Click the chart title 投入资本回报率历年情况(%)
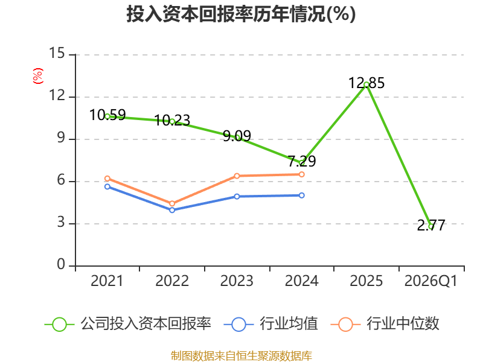coord(241,14)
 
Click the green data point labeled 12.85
coord(366,84)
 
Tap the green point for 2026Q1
coord(431,227)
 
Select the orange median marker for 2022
coord(172,203)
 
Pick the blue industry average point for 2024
coord(301,195)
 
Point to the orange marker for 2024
coord(301,174)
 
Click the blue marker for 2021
coord(107,186)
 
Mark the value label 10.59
coord(107,115)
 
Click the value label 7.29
coord(302,161)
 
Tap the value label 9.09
coord(237,136)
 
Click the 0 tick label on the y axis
coord(61,264)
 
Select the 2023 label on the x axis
coord(237,281)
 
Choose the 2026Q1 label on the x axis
coord(431,281)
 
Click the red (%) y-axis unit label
coord(38,76)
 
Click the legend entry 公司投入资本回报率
coord(128,324)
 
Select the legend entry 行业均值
coord(270,324)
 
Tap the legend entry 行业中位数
coord(385,324)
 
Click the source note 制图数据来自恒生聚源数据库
coord(241,356)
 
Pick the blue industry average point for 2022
coord(172,210)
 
